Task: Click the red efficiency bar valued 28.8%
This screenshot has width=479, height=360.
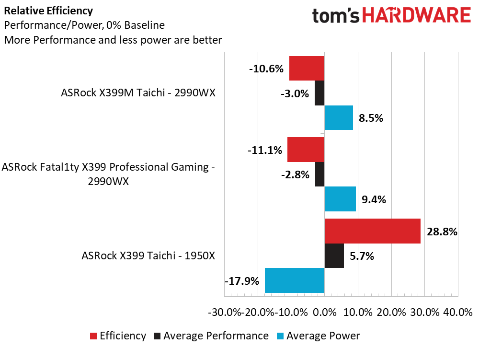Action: (x=372, y=231)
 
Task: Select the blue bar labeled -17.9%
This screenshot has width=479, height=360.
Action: (x=295, y=280)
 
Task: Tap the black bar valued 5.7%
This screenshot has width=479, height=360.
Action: (x=334, y=255)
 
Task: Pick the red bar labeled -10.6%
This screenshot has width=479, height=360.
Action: (x=307, y=69)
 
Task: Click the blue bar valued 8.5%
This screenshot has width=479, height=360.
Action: (x=339, y=117)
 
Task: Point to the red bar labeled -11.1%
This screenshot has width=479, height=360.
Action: (x=306, y=150)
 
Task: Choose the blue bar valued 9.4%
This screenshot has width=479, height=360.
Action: (x=340, y=198)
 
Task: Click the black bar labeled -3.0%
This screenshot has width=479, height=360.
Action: (x=319, y=93)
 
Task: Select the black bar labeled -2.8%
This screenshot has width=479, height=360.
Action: (x=320, y=174)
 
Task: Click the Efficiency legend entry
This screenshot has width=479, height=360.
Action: (x=123, y=336)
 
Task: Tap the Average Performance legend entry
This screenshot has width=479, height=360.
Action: (x=216, y=336)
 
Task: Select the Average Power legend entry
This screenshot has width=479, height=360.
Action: (x=323, y=336)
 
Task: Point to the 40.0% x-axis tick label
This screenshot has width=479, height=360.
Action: (x=458, y=312)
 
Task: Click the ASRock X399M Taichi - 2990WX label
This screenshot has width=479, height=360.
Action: (x=138, y=93)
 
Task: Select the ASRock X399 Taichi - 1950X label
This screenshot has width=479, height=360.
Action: (x=148, y=255)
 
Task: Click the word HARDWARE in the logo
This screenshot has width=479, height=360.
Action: (x=416, y=16)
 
